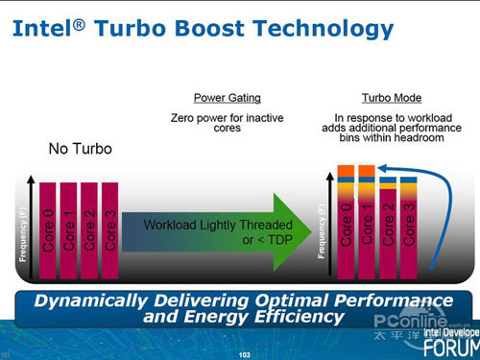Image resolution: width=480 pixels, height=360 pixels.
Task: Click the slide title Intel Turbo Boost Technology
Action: pyautogui.click(x=203, y=28)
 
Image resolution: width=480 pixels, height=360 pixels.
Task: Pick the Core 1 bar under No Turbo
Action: pyautogui.click(x=68, y=230)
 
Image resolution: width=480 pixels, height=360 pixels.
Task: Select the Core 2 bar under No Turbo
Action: pyautogui.click(x=89, y=230)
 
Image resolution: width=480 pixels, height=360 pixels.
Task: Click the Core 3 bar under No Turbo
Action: pyautogui.click(x=109, y=230)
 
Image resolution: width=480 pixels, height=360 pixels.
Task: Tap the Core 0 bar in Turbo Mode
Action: pyautogui.click(x=346, y=226)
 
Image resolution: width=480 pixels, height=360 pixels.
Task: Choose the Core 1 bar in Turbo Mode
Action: pyautogui.click(x=366, y=226)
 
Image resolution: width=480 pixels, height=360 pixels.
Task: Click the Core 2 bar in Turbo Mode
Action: pyautogui.click(x=388, y=230)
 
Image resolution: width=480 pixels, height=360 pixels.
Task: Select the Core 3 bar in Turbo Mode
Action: pyautogui.click(x=408, y=230)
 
